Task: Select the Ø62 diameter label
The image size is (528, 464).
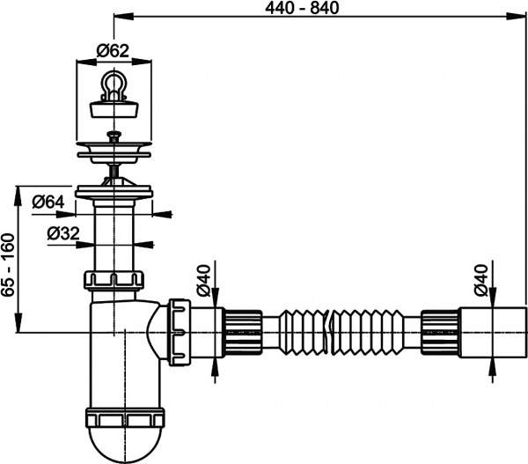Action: [x=112, y=50]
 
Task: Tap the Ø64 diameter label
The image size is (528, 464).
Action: [x=48, y=202]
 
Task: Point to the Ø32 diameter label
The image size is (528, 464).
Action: [x=62, y=233]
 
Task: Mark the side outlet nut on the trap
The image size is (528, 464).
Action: [x=180, y=330]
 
